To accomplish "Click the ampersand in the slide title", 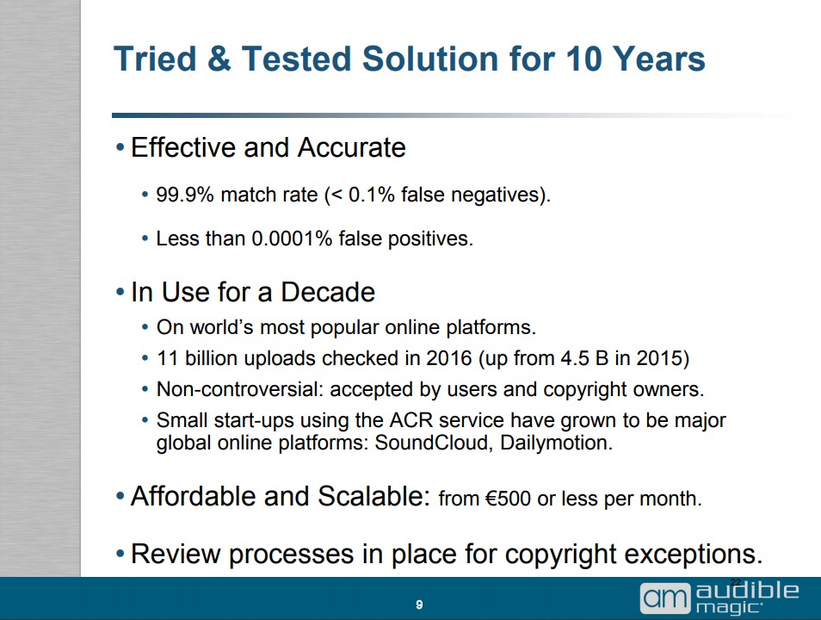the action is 219,59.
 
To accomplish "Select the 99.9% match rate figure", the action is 185,195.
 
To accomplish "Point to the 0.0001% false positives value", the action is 292,239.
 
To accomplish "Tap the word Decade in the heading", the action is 328,292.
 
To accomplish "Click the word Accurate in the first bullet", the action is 351,147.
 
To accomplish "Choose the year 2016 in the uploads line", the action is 448,358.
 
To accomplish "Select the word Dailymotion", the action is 556,443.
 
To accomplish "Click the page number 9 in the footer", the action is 419,604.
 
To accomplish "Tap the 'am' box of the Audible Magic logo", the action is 665,598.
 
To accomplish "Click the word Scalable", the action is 373,496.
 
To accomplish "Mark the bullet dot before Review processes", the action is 120,555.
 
